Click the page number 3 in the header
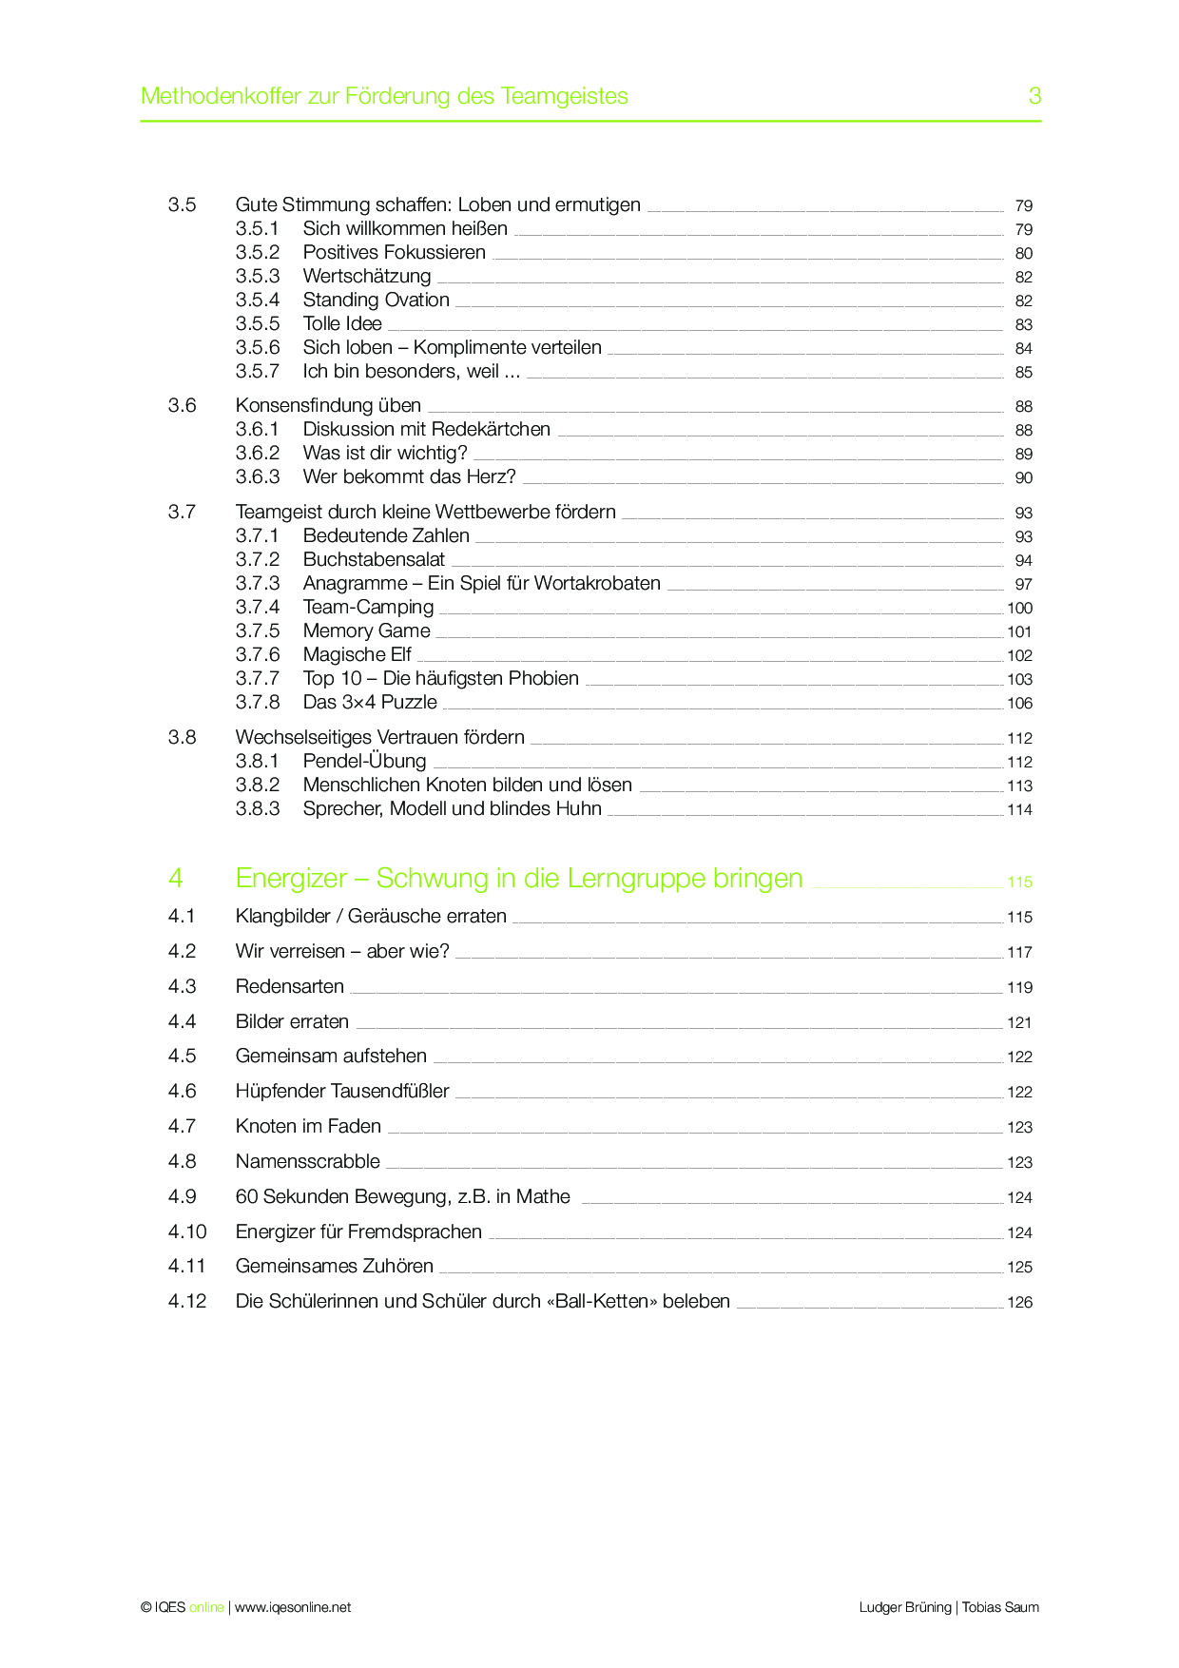pos(1034,96)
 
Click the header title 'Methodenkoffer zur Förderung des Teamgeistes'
pos(384,96)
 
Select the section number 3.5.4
pos(258,301)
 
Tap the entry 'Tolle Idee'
pos(342,324)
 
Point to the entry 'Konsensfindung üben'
pos(328,406)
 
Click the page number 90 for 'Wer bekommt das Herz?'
pos(1023,478)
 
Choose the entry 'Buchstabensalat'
pos(374,560)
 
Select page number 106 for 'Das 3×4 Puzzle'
pos(1019,704)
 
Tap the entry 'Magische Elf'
pos(357,655)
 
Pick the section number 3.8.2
pos(258,786)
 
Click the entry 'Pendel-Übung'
pos(364,762)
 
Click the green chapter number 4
pos(176,878)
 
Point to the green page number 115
pos(1019,882)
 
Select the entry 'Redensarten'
pos(290,987)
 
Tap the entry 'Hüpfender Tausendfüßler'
pos(342,1092)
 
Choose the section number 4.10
pos(187,1232)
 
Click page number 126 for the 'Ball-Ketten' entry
pos(1019,1303)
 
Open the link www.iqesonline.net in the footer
pos(293,1608)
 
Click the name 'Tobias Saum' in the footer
pos(1000,1608)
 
